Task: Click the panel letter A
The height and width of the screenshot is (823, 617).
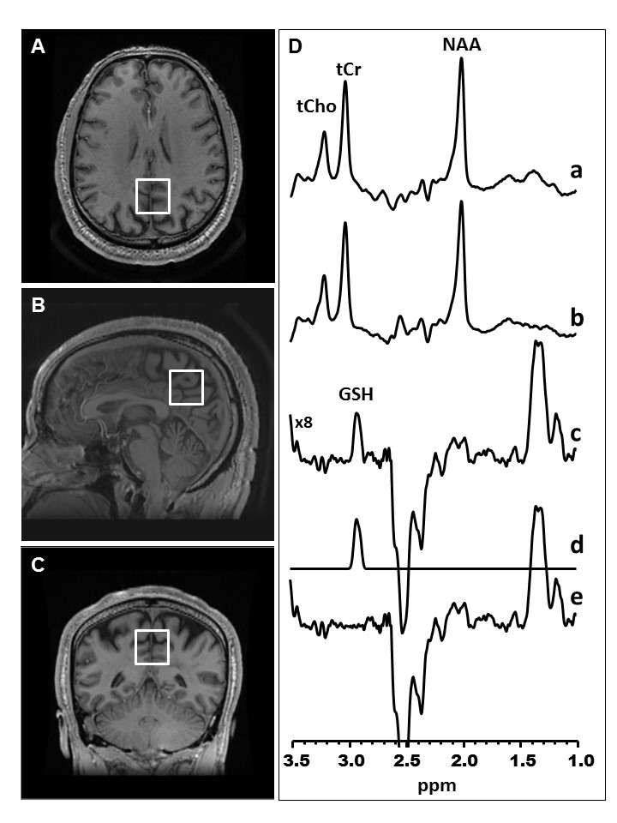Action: tap(38, 48)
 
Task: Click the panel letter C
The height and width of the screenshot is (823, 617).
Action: tap(38, 566)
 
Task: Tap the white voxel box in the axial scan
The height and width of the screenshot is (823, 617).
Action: tap(153, 195)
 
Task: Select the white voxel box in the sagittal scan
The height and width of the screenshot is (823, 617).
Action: tap(186, 387)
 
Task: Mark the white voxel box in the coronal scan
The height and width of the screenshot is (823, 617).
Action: tap(153, 647)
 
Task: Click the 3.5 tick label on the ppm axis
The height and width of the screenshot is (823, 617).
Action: tap(293, 760)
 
